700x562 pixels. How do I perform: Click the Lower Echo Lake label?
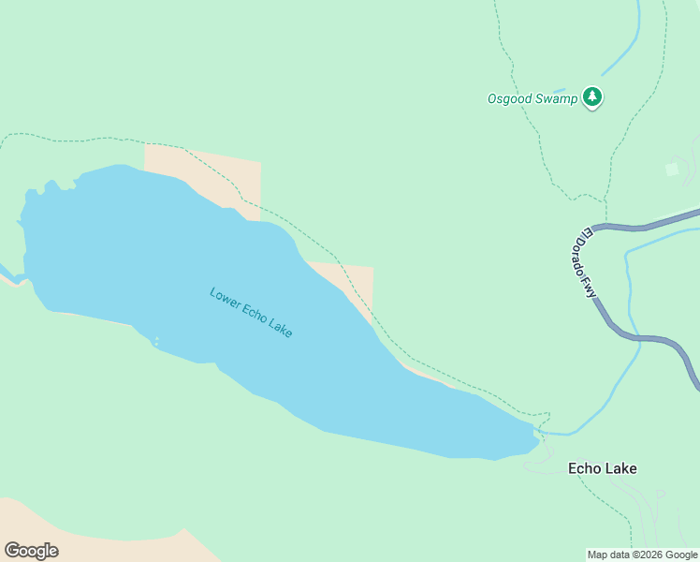point(251,313)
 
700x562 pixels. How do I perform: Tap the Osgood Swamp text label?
point(532,98)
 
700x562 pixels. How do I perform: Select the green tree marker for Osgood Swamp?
point(591,96)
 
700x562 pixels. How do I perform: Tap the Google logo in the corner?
point(31,551)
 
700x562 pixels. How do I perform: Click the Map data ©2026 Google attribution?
point(642,555)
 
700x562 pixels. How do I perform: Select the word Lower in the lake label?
point(225,297)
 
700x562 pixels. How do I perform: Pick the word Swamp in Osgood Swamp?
point(558,98)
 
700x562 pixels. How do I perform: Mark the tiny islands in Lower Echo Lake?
point(155,341)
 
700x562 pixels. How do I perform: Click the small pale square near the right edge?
point(671,169)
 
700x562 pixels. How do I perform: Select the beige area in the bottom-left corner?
point(84,539)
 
